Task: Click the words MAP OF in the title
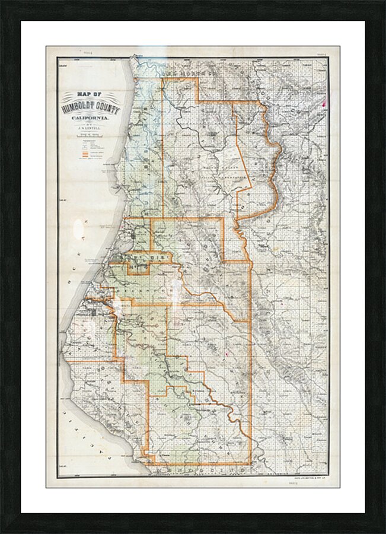90,94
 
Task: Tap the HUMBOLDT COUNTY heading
90,107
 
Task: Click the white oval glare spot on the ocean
78,228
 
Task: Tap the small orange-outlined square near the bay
138,269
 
